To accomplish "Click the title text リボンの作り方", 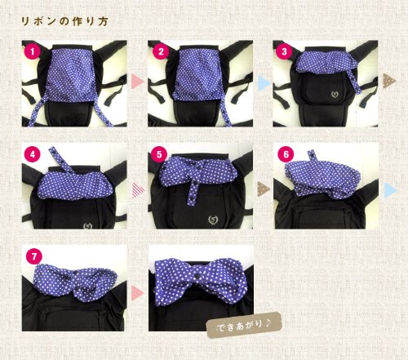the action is coord(64,21).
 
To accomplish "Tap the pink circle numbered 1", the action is coord(33,51).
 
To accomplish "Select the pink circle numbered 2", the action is coord(161,51).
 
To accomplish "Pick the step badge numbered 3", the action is coord(284,51).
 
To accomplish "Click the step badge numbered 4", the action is coord(33,154).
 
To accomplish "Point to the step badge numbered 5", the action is coord(159,154).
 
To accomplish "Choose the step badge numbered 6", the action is coord(286,154).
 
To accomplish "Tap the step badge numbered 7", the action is coord(34,256).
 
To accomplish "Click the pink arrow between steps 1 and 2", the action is coord(137,82).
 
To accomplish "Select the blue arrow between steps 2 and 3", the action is coord(264,82).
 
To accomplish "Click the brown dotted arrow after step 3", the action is coord(389,81).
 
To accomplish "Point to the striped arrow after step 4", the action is coord(138,189).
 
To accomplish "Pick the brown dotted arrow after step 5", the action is coord(264,189).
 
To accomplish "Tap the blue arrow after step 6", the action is coord(391,189).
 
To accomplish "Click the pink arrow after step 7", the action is coord(137,294).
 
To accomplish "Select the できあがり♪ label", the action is coord(243,325).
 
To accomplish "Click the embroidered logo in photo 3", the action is coord(335,95).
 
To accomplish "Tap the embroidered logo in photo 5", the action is coord(214,220).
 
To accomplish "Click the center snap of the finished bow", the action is coord(197,276).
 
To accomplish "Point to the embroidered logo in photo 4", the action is coord(88,225).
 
